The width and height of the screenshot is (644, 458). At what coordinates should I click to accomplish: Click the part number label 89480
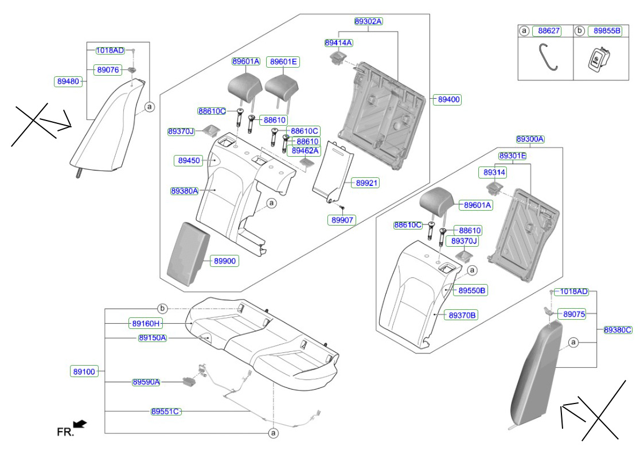tap(68, 81)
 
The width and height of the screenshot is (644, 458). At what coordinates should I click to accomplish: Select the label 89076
tap(108, 69)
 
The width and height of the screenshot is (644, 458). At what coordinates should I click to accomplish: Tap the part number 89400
tap(449, 99)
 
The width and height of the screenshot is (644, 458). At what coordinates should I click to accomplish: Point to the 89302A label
tap(368, 21)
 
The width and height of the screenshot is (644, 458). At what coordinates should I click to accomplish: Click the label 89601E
tap(284, 61)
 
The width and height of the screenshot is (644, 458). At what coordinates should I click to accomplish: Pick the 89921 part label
tap(367, 183)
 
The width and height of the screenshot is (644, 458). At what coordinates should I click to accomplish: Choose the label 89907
tap(343, 219)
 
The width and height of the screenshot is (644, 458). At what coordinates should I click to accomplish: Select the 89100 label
tap(84, 371)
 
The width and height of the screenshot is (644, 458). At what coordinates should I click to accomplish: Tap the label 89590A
tap(146, 382)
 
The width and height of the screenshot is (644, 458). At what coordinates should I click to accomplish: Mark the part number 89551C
tap(166, 412)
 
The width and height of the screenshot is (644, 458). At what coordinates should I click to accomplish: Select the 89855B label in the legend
tap(607, 30)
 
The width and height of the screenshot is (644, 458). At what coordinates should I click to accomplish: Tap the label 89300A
tap(530, 139)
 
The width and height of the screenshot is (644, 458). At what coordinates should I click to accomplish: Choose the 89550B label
tap(472, 290)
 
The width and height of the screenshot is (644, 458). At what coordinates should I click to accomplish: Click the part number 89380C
tap(618, 329)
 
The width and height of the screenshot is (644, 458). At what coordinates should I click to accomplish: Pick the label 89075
tap(574, 314)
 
